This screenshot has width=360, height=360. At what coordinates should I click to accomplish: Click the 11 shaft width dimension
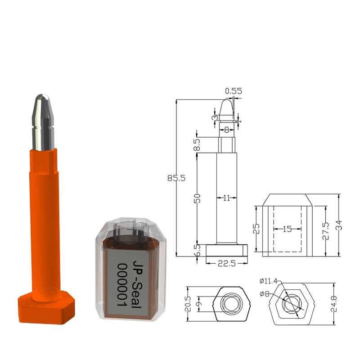click(x=226, y=198)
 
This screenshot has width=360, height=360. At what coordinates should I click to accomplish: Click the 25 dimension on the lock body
click(x=255, y=229)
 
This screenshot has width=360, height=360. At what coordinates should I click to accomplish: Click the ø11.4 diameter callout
click(x=268, y=282)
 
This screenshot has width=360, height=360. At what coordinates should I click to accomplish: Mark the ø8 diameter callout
click(x=266, y=293)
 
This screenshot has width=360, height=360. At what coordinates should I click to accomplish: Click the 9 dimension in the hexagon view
click(x=198, y=306)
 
